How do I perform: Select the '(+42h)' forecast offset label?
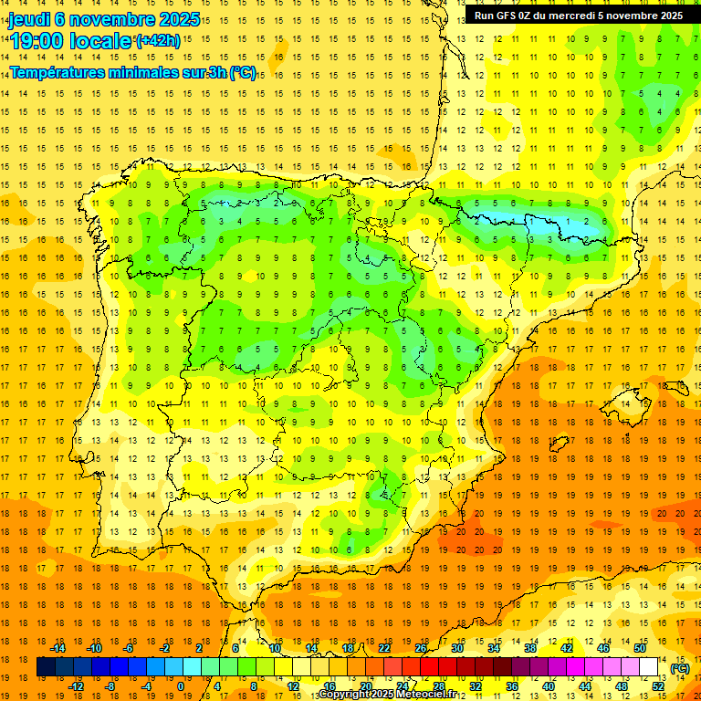coord(158,40)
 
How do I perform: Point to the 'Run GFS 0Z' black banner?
coord(578,16)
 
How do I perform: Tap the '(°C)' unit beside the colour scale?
coord(679,668)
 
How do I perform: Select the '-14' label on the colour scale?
coord(58,648)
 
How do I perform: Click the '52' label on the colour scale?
coord(658,685)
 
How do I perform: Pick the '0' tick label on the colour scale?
coord(180,685)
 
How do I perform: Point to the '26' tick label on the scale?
coord(421,648)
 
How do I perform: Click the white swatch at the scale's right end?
coord(649,667)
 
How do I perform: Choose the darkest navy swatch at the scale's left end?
coord(45,667)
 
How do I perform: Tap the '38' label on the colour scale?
coord(529,648)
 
